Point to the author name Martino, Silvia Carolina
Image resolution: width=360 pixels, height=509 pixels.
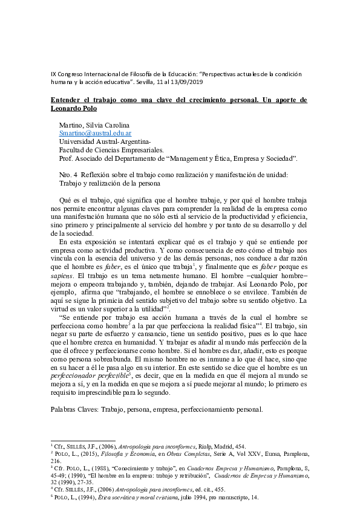pos(94,125)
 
